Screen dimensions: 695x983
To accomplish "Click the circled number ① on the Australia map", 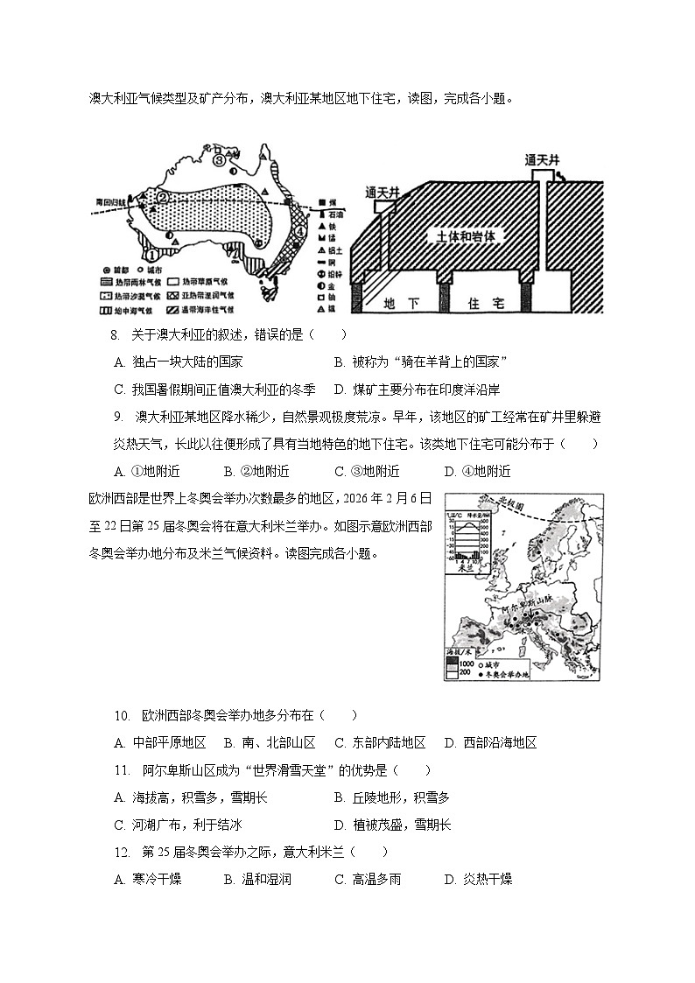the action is (x=151, y=255).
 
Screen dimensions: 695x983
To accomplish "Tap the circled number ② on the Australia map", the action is (x=162, y=199).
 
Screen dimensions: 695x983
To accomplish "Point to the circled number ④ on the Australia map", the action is (x=300, y=233).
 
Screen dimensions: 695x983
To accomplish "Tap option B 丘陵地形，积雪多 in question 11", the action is (x=391, y=797).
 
